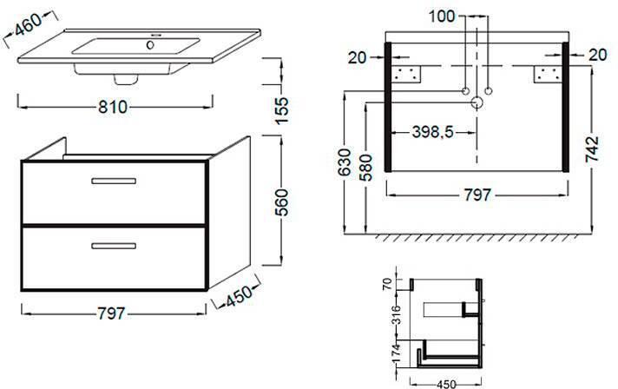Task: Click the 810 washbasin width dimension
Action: (x=113, y=107)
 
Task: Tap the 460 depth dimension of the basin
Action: (x=28, y=24)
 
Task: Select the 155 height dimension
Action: (x=282, y=110)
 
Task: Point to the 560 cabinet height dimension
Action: (x=282, y=202)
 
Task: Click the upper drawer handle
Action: (x=114, y=181)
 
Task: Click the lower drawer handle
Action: (x=114, y=246)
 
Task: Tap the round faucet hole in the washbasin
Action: (x=150, y=45)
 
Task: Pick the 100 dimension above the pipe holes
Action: (x=442, y=16)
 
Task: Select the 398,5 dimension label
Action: (x=432, y=133)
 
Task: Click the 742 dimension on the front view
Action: (x=592, y=149)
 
